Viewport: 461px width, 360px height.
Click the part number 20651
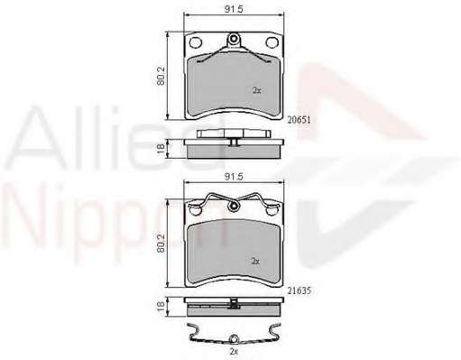click(x=299, y=120)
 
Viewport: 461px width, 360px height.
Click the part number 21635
click(x=299, y=291)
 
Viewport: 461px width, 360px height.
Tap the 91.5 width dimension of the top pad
click(x=234, y=9)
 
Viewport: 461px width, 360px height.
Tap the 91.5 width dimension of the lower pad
click(x=234, y=177)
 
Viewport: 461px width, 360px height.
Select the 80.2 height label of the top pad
click(x=161, y=76)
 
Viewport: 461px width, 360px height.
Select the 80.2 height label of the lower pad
click(x=161, y=243)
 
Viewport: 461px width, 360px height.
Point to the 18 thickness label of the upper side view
click(x=161, y=149)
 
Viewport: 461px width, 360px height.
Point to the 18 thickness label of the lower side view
click(x=161, y=306)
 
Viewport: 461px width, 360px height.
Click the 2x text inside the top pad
click(x=256, y=90)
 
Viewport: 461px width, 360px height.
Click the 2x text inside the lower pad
click(x=255, y=262)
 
